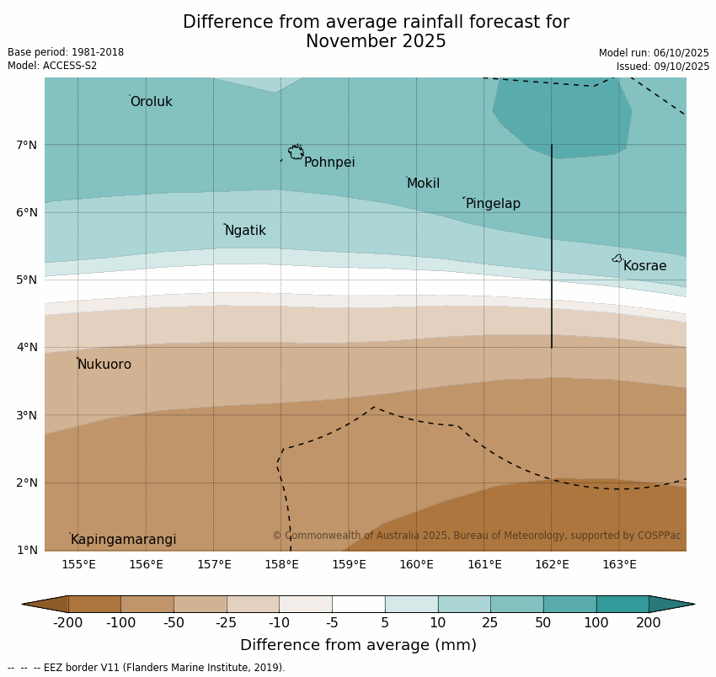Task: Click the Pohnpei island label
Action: [x=329, y=163]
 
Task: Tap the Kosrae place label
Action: [x=644, y=266]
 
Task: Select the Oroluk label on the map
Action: [x=151, y=102]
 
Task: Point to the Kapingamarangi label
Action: [x=123, y=540]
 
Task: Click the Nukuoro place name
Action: [x=104, y=365]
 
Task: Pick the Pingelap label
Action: [x=493, y=204]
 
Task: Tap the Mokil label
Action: [x=423, y=184]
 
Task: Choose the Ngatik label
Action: [x=245, y=231]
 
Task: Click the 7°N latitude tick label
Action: [x=26, y=145]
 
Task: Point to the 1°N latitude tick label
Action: [x=26, y=550]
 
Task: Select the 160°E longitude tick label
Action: [x=416, y=564]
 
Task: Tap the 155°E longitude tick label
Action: [x=78, y=564]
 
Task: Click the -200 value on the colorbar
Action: [x=67, y=623]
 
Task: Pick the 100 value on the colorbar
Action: [x=596, y=623]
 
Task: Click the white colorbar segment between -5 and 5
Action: [x=358, y=604]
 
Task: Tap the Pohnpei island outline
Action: [x=296, y=152]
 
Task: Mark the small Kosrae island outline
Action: [x=617, y=259]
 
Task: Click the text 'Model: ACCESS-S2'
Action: [x=52, y=66]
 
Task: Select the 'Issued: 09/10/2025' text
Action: [x=662, y=67]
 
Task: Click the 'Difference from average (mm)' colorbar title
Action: [x=358, y=645]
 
